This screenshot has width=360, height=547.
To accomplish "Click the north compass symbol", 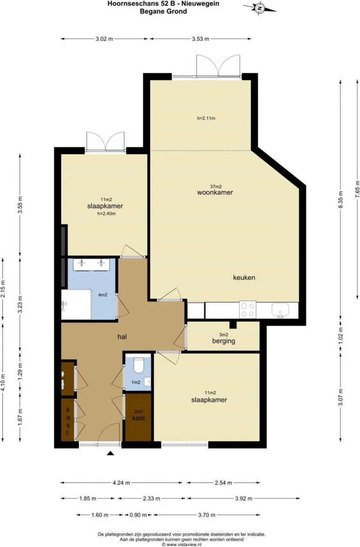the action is (260, 7).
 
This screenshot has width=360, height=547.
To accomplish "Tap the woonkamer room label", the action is (215, 192).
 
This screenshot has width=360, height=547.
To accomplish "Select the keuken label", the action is (244, 277).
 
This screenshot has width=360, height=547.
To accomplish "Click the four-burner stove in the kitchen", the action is (248, 310).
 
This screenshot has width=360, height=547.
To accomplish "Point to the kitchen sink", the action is (280, 310).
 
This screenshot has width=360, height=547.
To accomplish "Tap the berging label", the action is (224, 341).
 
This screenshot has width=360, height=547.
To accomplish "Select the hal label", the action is (122, 337).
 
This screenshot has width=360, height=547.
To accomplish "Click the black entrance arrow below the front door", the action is (111, 453).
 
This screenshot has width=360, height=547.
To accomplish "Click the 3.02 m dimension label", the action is (104, 39).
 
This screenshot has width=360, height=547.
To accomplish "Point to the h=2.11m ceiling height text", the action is (206, 118).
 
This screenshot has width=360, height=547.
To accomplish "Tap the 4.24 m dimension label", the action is (121, 483).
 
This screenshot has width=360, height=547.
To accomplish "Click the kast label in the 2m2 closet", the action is (138, 418).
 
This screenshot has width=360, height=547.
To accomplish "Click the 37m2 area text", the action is (216, 187).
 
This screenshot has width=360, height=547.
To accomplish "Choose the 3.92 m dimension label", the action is (243, 498).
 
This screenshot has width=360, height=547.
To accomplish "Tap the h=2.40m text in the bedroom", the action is (106, 213).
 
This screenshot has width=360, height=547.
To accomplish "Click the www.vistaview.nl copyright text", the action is (181, 544).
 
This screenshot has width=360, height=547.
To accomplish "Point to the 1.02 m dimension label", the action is (341, 335).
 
